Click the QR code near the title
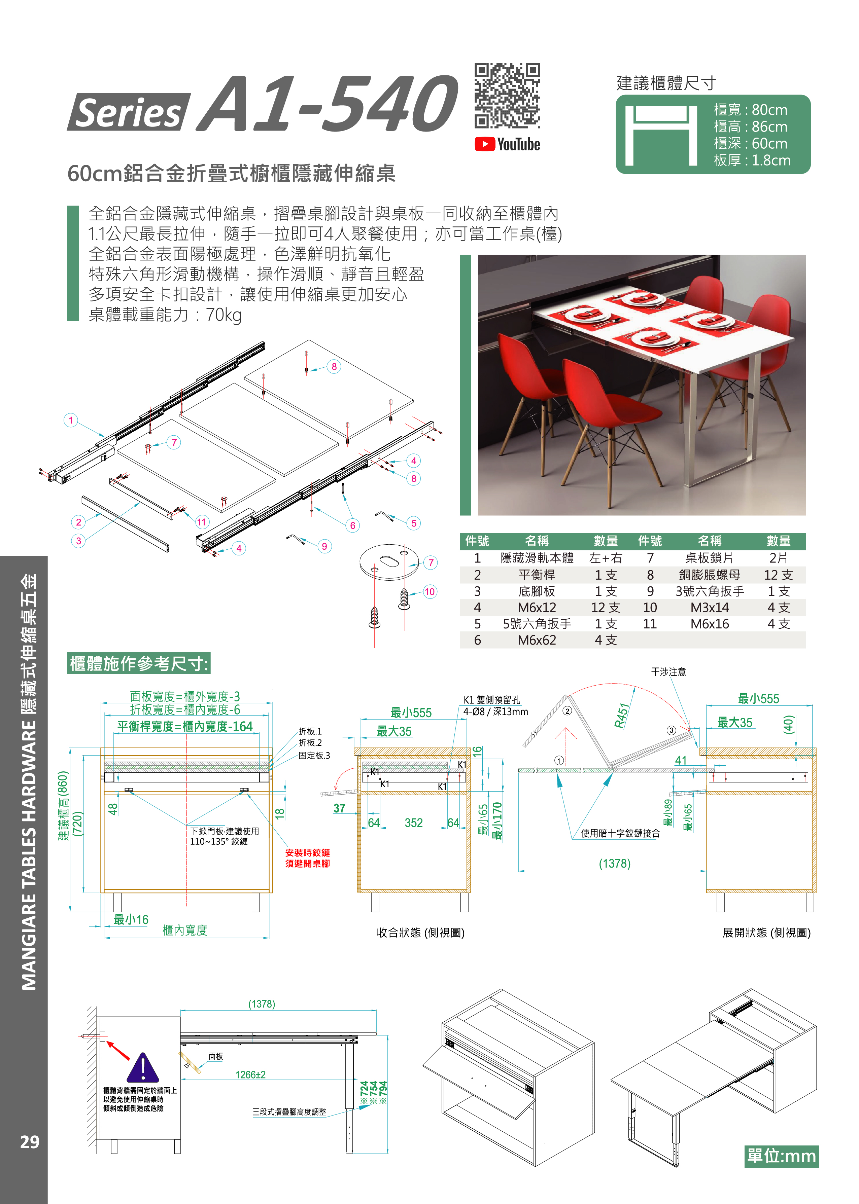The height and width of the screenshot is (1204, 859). pos(507,96)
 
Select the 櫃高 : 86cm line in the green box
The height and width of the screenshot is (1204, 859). pos(750,127)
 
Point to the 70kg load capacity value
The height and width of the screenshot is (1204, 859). pos(224,315)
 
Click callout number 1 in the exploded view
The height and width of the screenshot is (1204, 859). pos(71,420)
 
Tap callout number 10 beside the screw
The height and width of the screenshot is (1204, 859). pos(429,591)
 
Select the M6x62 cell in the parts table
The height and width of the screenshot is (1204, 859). pos(537,640)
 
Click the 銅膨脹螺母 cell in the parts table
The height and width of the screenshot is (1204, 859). pos(709,575)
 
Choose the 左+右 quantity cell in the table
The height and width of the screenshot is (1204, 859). pos(606,558)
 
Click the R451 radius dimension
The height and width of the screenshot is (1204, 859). pos(622,716)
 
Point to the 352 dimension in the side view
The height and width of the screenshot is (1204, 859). pos(414,823)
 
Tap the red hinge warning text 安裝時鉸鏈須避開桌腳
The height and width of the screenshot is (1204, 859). pos(307,858)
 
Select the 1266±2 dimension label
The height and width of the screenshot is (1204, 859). pos(250,1074)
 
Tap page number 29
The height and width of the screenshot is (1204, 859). pos(30,1142)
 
